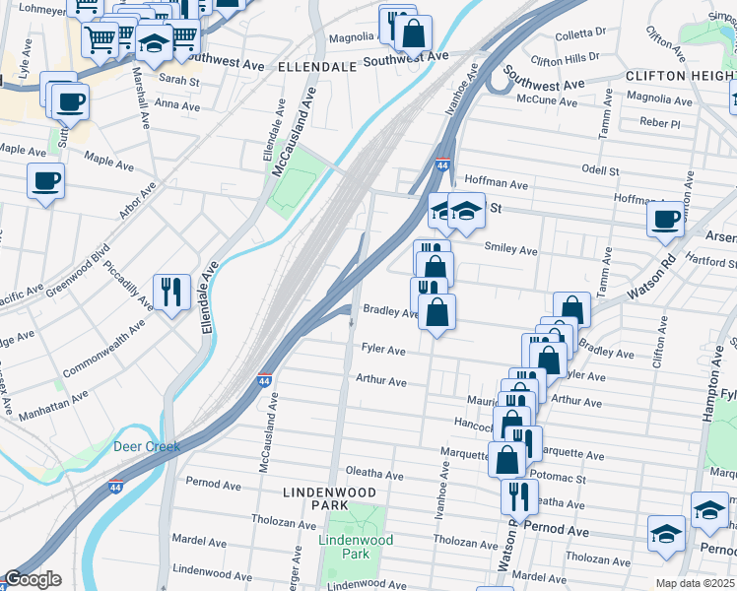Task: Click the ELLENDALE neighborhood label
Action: click(316, 67)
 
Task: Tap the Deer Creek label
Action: click(147, 446)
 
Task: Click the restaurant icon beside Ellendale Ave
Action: click(172, 291)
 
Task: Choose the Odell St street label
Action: click(600, 170)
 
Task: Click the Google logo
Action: click(32, 579)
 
